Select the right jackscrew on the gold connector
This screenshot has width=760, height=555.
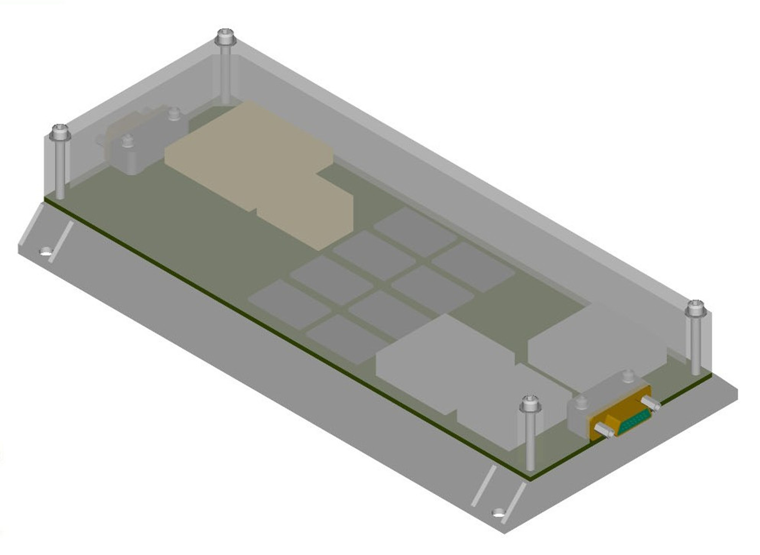651,403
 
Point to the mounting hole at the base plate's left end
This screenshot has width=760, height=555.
46,251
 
